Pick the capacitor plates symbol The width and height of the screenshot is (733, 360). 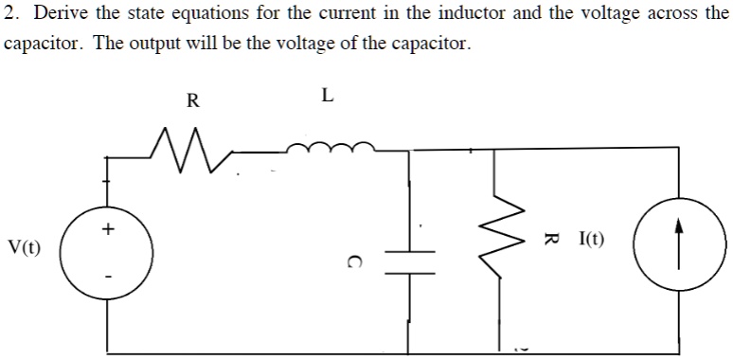pyautogui.click(x=410, y=261)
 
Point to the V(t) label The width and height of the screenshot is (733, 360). pyautogui.click(x=24, y=248)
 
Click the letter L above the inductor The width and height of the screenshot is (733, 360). pyautogui.click(x=328, y=95)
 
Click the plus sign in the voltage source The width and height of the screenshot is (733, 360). pyautogui.click(x=109, y=228)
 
